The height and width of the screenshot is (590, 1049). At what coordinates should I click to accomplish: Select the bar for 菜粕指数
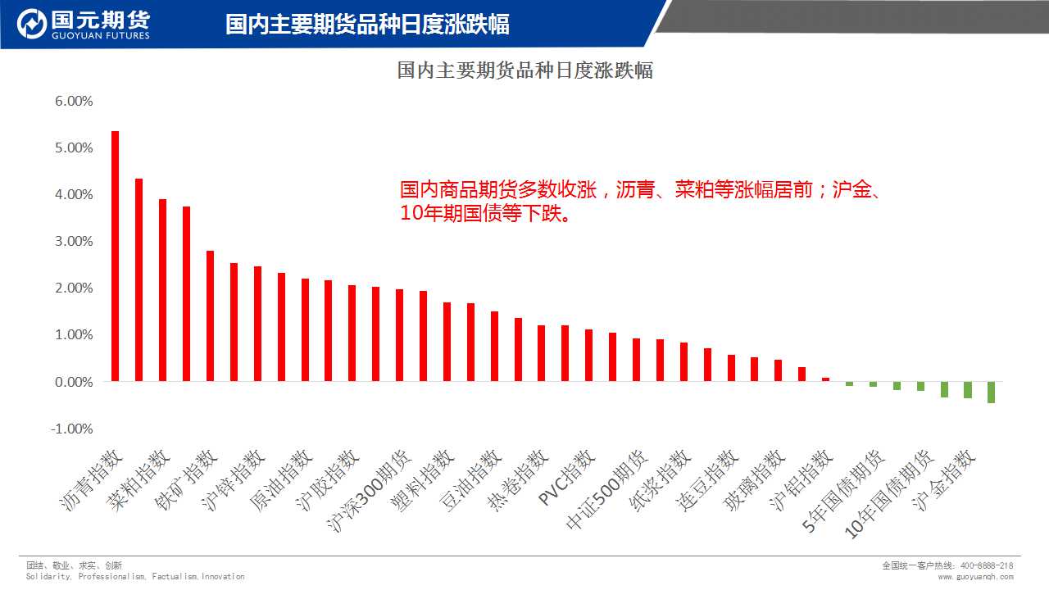tap(162, 290)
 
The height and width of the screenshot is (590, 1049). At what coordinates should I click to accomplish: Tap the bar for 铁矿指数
tap(210, 315)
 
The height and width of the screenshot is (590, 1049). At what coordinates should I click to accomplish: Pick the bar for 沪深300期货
tap(399, 335)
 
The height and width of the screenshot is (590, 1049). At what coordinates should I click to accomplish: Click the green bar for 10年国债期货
tap(920, 386)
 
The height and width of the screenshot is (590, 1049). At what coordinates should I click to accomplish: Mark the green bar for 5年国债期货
tap(873, 384)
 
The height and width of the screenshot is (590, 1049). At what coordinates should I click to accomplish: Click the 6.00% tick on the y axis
tap(74, 102)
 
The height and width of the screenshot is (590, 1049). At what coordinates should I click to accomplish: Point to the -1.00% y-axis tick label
tap(72, 429)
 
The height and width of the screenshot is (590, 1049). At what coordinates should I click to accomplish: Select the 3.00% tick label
tap(74, 242)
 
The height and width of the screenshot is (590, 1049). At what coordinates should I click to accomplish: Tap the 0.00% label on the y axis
tap(74, 383)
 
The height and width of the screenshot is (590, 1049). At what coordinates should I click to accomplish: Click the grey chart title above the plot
tap(524, 70)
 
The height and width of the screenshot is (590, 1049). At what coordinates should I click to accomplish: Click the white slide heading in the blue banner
tap(367, 25)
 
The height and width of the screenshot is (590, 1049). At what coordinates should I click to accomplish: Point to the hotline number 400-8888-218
tap(986, 565)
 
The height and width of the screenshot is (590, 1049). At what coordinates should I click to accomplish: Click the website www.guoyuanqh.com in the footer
tap(975, 577)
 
